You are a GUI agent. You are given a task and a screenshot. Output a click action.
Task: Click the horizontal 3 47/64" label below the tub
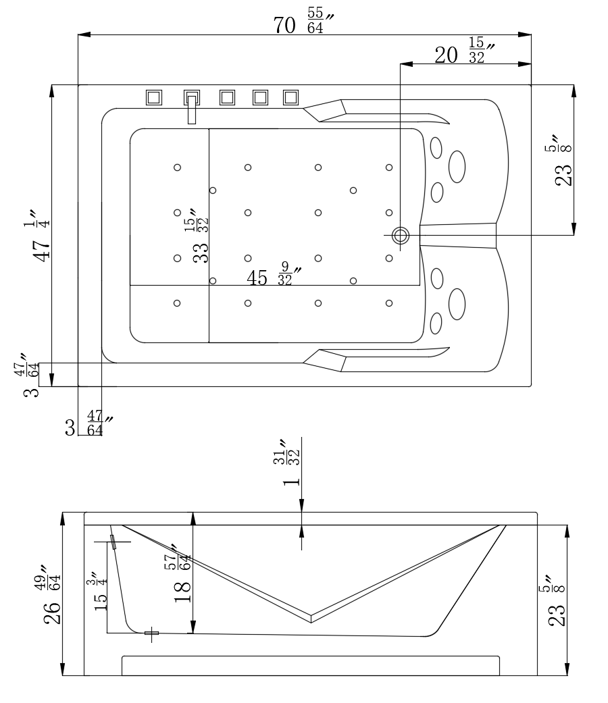[88, 426]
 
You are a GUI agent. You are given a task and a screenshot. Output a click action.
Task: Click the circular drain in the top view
[401, 235]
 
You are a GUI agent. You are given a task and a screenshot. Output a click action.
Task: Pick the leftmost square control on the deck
[154, 97]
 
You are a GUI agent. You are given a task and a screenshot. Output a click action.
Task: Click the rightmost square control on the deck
[290, 97]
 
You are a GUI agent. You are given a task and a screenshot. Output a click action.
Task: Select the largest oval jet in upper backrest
[457, 166]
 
